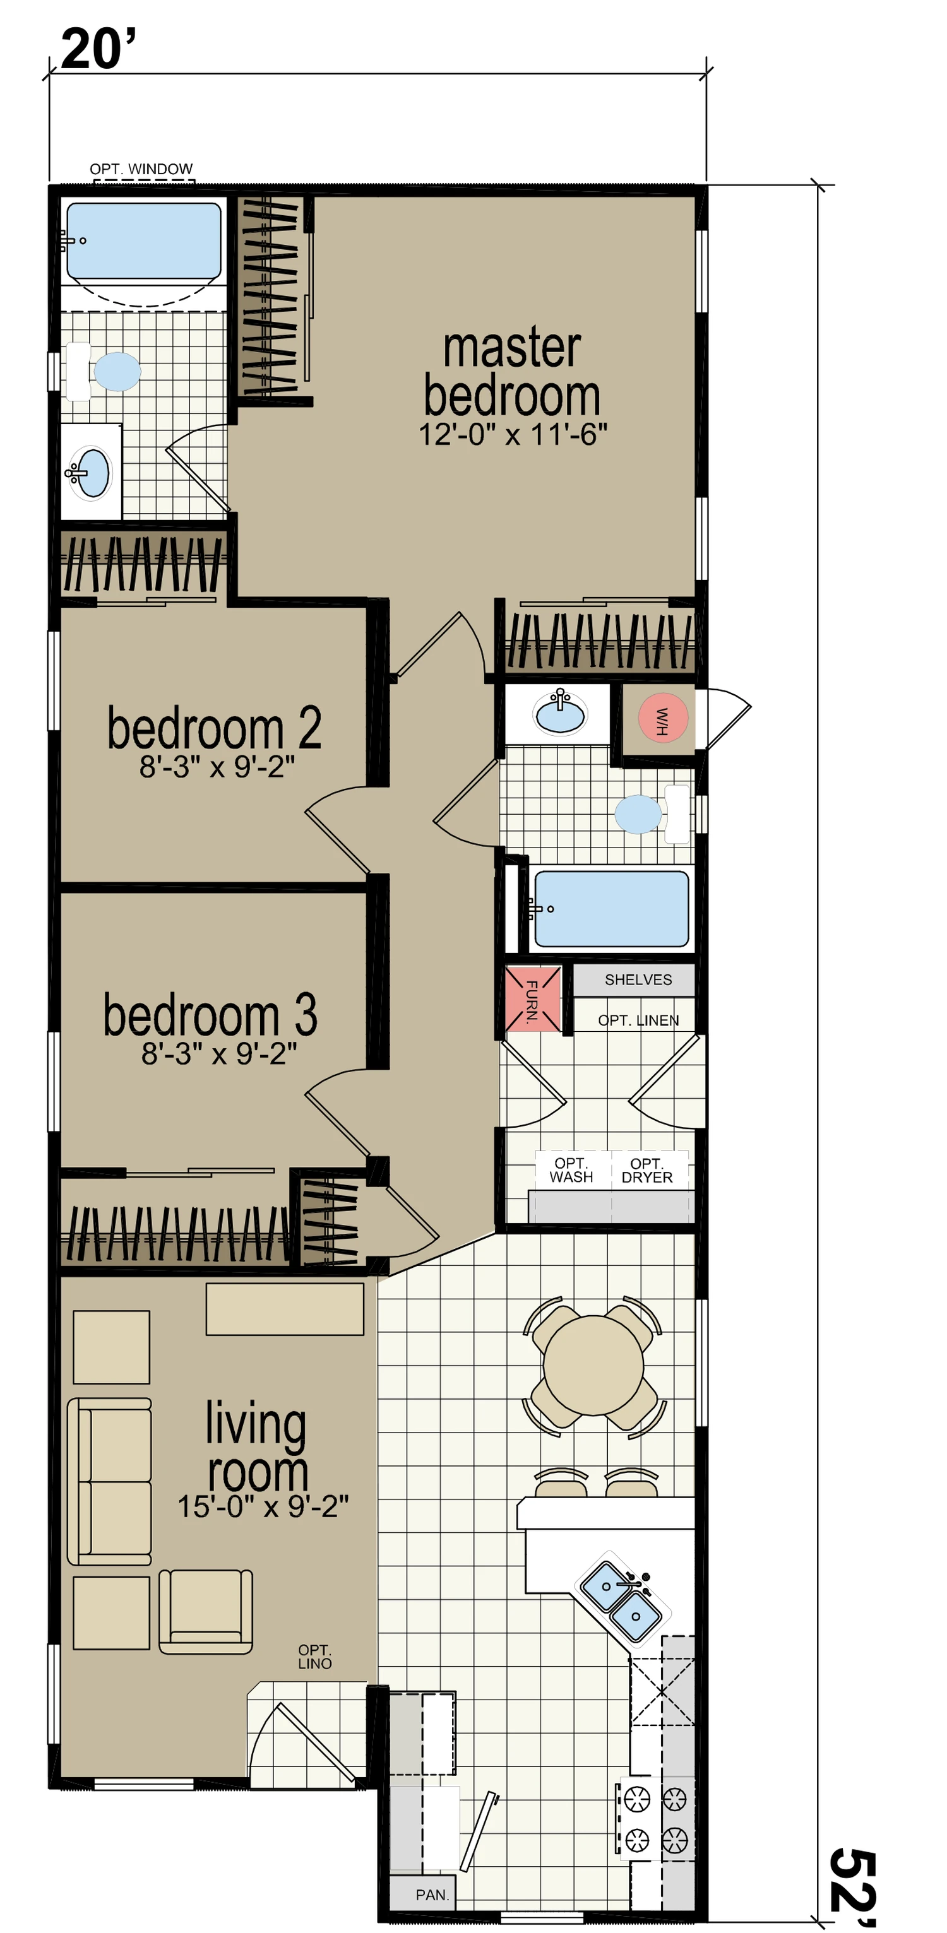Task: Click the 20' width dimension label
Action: pyautogui.click(x=98, y=49)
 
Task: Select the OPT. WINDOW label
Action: pyautogui.click(x=141, y=169)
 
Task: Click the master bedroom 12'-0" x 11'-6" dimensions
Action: pyautogui.click(x=513, y=434)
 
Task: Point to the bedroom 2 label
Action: pyautogui.click(x=214, y=727)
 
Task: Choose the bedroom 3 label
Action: pyautogui.click(x=210, y=1015)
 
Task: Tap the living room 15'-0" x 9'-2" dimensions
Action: pyautogui.click(x=263, y=1506)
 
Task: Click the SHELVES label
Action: pyautogui.click(x=638, y=979)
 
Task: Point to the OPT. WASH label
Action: pyautogui.click(x=571, y=1170)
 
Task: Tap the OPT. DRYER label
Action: pyautogui.click(x=647, y=1170)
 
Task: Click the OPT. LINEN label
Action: pyautogui.click(x=638, y=1020)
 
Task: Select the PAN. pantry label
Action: pyautogui.click(x=432, y=1895)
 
